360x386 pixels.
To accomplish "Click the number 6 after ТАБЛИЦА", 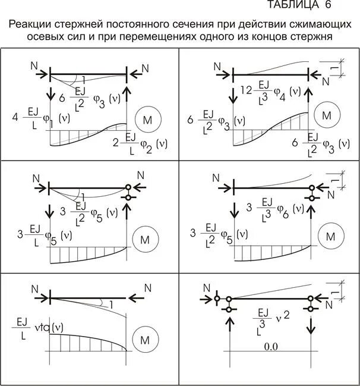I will (x=327, y=5).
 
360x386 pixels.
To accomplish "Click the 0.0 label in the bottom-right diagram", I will (x=271, y=346).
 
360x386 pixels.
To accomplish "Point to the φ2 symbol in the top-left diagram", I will (x=145, y=148).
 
